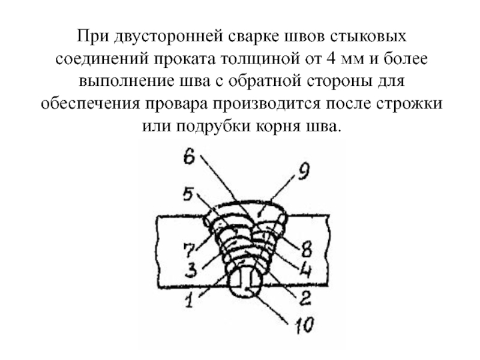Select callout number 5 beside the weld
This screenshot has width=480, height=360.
coord(188,195)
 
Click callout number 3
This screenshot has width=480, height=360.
coord(191,270)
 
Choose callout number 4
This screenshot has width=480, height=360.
coord(305,269)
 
